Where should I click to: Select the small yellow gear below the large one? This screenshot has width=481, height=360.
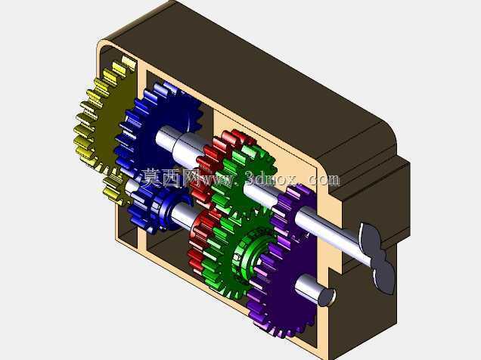point(115,187)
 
